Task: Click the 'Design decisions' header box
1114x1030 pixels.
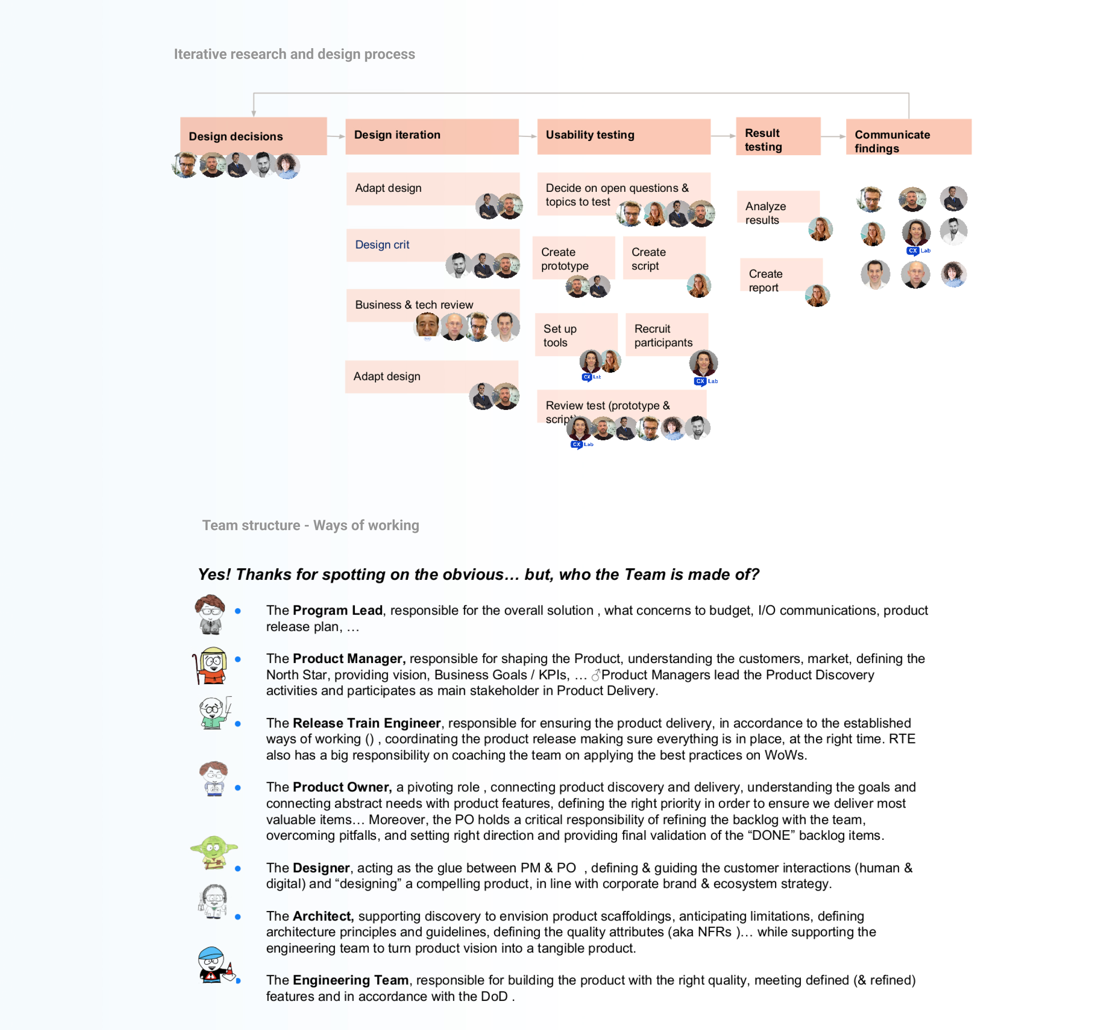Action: [253, 136]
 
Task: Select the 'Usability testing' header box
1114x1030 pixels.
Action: [623, 136]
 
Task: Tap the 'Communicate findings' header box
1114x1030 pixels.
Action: [908, 137]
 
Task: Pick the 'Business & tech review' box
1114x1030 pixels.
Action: [432, 305]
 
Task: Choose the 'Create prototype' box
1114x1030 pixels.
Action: [573, 257]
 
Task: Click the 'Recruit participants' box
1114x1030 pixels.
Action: [666, 334]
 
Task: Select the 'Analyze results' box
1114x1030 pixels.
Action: [777, 212]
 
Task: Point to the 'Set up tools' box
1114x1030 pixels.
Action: [576, 334]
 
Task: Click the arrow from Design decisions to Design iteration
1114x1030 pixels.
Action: [335, 136]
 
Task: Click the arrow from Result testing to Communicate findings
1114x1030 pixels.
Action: [833, 136]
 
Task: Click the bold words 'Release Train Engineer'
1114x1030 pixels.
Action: [367, 723]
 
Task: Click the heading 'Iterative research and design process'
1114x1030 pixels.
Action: [294, 54]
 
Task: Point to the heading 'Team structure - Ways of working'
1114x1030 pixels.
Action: [310, 525]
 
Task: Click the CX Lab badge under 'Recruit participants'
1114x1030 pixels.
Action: [705, 381]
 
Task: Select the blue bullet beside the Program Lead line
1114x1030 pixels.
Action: [238, 611]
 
